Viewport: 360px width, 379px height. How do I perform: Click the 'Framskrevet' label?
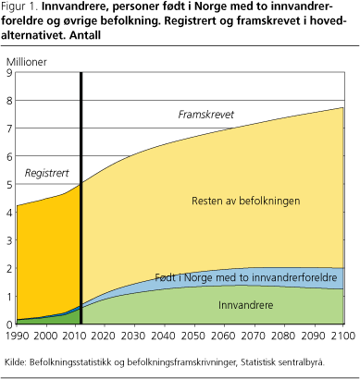[205, 114]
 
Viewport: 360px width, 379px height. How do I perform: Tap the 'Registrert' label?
[46, 172]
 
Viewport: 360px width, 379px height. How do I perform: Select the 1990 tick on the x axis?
[18, 335]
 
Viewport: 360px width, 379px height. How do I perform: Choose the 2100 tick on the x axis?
[343, 335]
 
